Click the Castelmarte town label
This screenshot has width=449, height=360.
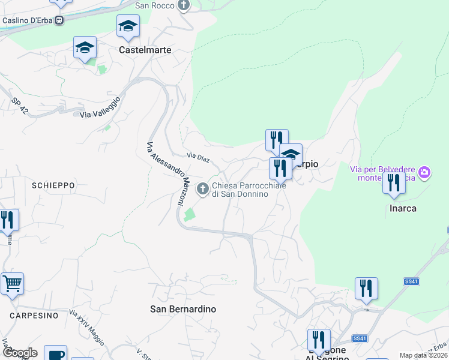[x=145, y=50]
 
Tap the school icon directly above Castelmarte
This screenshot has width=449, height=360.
[x=128, y=26]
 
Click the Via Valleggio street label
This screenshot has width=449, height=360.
[x=100, y=107]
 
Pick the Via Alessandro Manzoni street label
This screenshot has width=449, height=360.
[x=164, y=175]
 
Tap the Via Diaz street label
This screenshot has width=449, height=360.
[x=197, y=156]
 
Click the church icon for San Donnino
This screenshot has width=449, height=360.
[x=203, y=189]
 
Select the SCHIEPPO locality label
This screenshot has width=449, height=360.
[x=53, y=185]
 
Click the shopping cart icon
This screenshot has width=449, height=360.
[x=12, y=283]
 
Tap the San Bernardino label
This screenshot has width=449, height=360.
[x=182, y=309]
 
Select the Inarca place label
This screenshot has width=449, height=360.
[x=402, y=208]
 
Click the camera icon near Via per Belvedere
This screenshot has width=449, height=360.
[x=425, y=173]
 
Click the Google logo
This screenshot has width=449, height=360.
[x=20, y=353]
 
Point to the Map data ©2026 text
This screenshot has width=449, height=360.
[x=423, y=355]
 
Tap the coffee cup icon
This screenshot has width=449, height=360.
[x=56, y=355]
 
